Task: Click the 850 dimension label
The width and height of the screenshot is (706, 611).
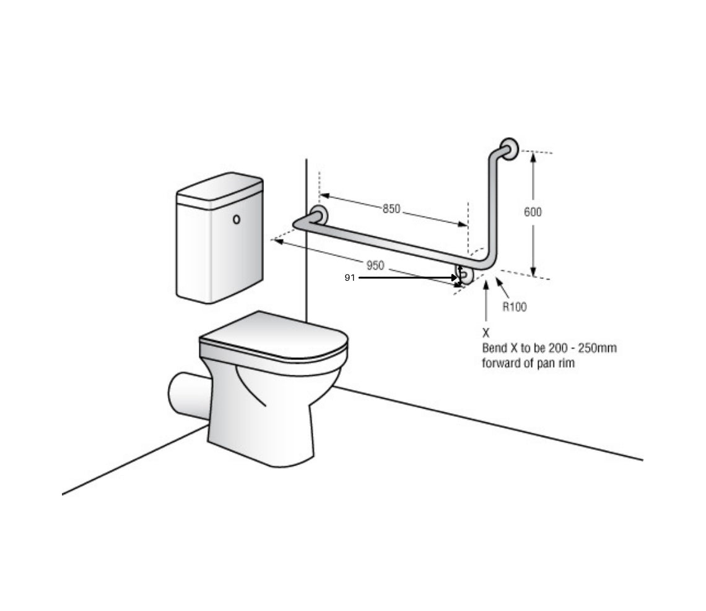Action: point(391,209)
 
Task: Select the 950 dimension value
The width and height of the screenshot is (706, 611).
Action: point(375,265)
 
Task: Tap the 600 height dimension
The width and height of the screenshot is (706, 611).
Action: point(533,212)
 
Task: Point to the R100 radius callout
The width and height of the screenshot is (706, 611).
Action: point(514,307)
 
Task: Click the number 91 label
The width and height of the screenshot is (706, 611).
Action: point(350,278)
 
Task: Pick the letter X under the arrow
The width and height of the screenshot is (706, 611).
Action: point(486,333)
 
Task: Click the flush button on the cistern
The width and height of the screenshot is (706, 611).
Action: point(236,220)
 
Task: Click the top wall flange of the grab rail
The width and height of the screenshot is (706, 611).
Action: point(510,148)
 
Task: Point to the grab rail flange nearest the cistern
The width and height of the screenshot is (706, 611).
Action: point(320,215)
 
